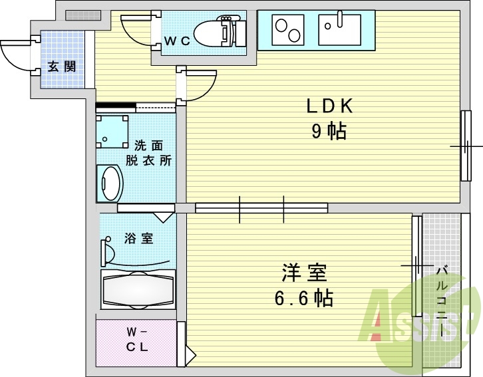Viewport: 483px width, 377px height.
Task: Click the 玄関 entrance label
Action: click(61, 66)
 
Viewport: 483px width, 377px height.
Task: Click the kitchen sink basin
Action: click(339, 30)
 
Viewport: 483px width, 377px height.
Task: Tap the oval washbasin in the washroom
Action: click(110, 183)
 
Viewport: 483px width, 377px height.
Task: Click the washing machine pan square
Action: click(112, 132)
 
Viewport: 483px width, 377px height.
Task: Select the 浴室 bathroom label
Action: click(138, 238)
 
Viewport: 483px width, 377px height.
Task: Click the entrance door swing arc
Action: click(17, 53)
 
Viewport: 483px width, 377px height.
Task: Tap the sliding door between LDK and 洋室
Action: click(261, 209)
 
